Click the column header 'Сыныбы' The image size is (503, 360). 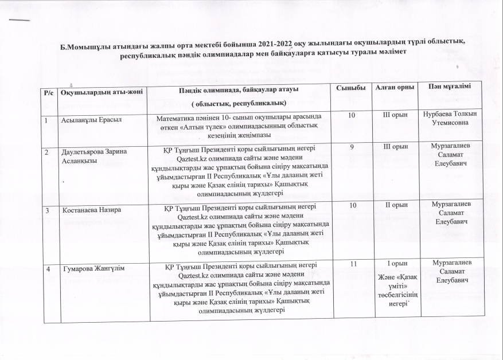coord(350,87)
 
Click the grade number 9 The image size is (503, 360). coord(350,147)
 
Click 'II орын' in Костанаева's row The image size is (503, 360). coord(395,205)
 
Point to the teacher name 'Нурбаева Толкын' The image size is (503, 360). coord(448,115)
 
